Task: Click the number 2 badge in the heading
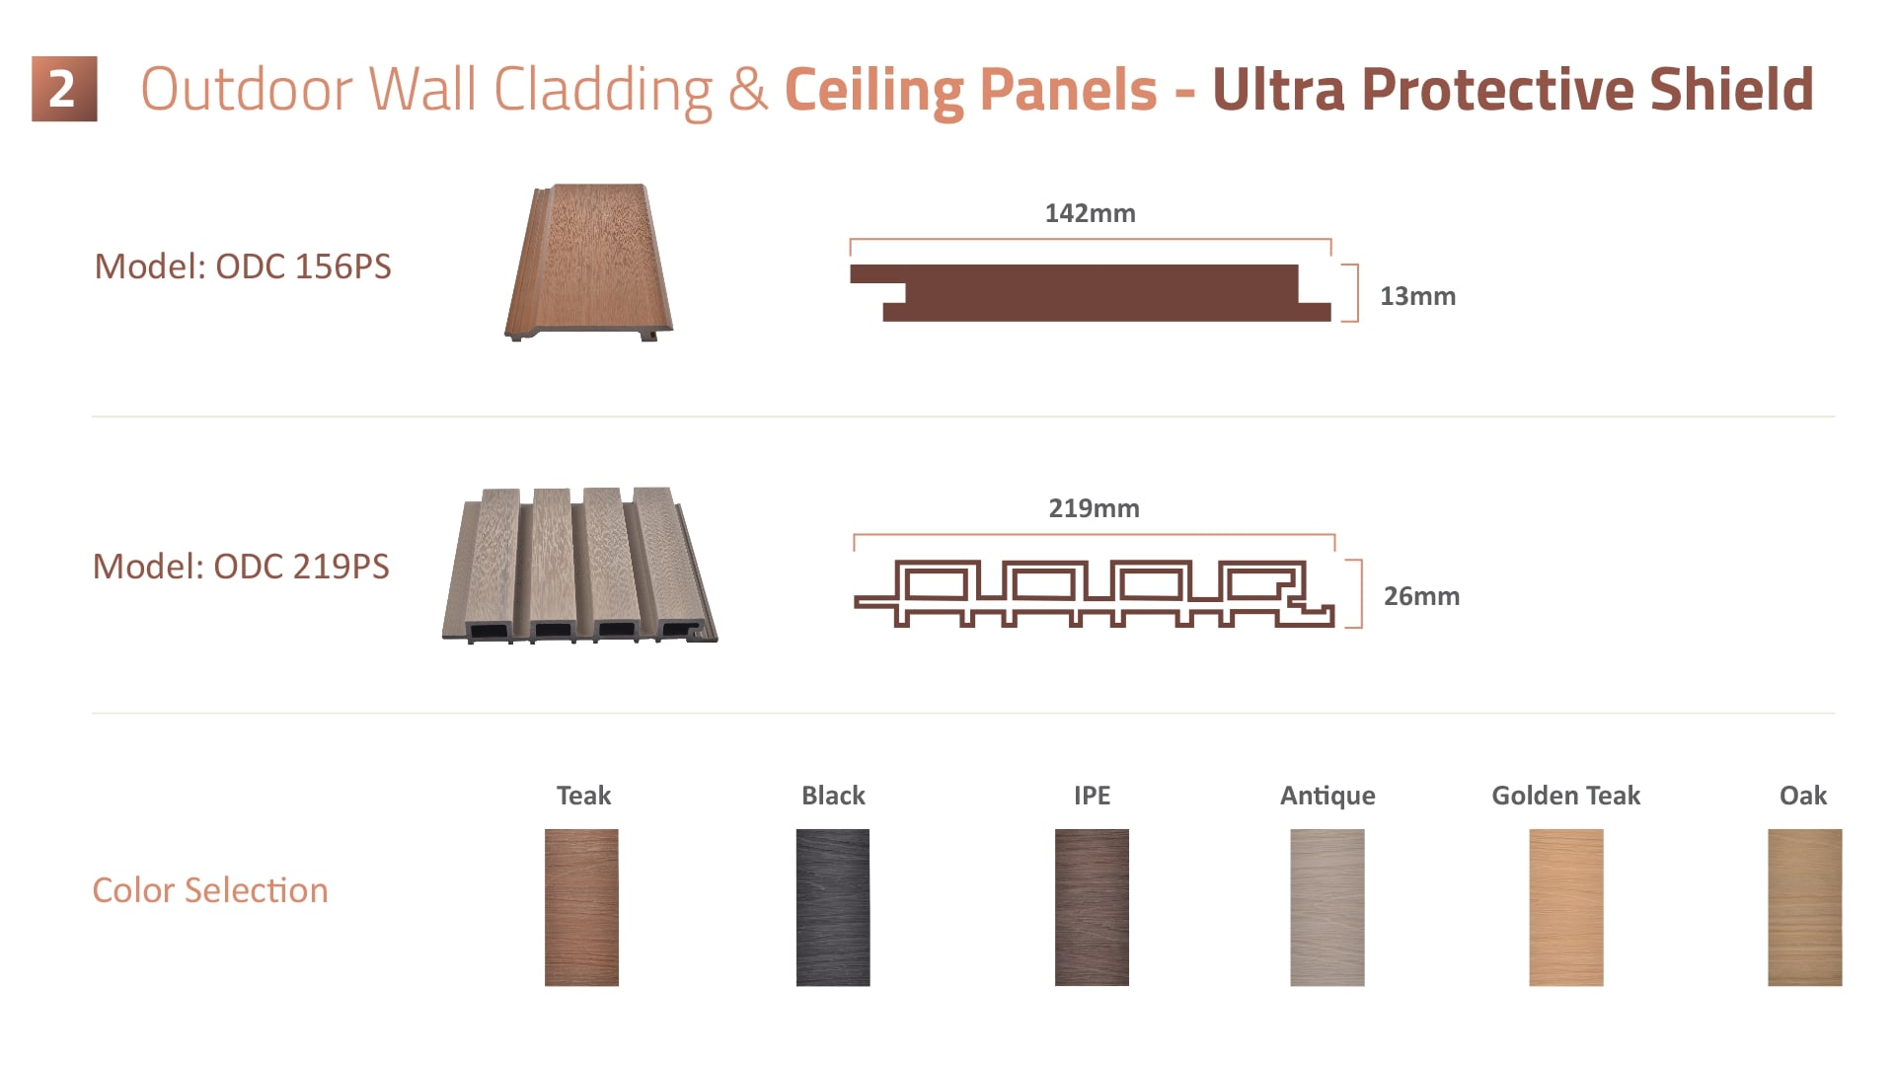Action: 64,89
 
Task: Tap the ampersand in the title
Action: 748,90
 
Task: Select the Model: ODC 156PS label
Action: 243,266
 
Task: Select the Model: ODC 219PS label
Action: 241,567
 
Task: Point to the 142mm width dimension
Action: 1091,213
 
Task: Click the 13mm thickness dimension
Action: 1417,296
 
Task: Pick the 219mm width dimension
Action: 1094,508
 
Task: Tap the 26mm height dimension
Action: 1421,596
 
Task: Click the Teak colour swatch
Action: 581,907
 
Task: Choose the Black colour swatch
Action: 833,907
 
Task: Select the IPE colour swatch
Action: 1092,907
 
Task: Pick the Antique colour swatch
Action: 1327,907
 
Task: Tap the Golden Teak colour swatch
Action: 1566,907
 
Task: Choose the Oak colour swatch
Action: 1805,907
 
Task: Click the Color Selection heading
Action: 210,890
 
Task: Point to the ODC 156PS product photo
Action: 589,263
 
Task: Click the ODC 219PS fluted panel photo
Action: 579,565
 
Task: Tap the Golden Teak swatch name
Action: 1565,796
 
